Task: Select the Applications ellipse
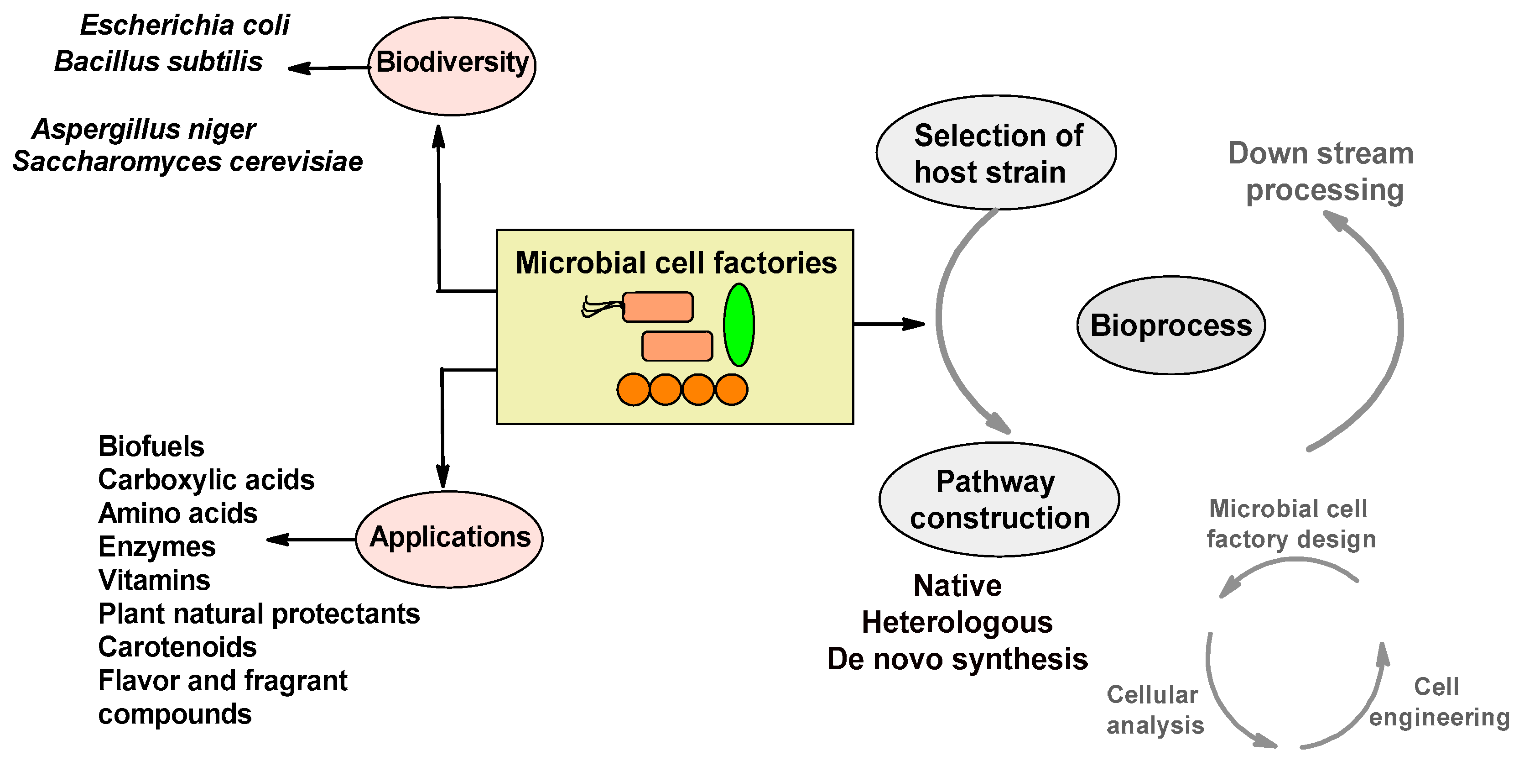pyautogui.click(x=449, y=539)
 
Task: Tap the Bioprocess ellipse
pyautogui.click(x=1170, y=325)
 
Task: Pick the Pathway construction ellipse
pyautogui.click(x=999, y=499)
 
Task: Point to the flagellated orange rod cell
pyautogui.click(x=657, y=307)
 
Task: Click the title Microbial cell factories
pyautogui.click(x=676, y=262)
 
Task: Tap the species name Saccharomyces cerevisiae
pyautogui.click(x=187, y=162)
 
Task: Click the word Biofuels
pyautogui.click(x=151, y=446)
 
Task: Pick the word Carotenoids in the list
pyautogui.click(x=177, y=647)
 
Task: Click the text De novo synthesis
pyautogui.click(x=957, y=659)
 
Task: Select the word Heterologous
pyautogui.click(x=957, y=622)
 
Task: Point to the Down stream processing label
pyautogui.click(x=1321, y=172)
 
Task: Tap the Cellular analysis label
pyautogui.click(x=1154, y=710)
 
